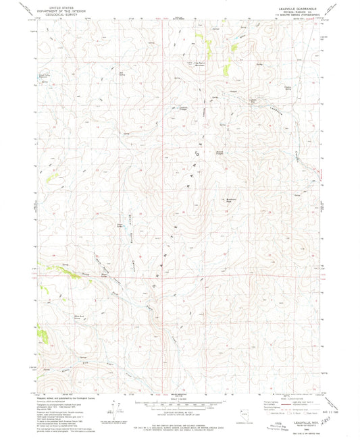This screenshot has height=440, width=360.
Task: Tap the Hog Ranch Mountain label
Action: [201, 64]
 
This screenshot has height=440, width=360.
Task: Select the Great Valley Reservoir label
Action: [45, 78]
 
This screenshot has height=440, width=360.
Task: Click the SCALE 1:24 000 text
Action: [177, 399]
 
